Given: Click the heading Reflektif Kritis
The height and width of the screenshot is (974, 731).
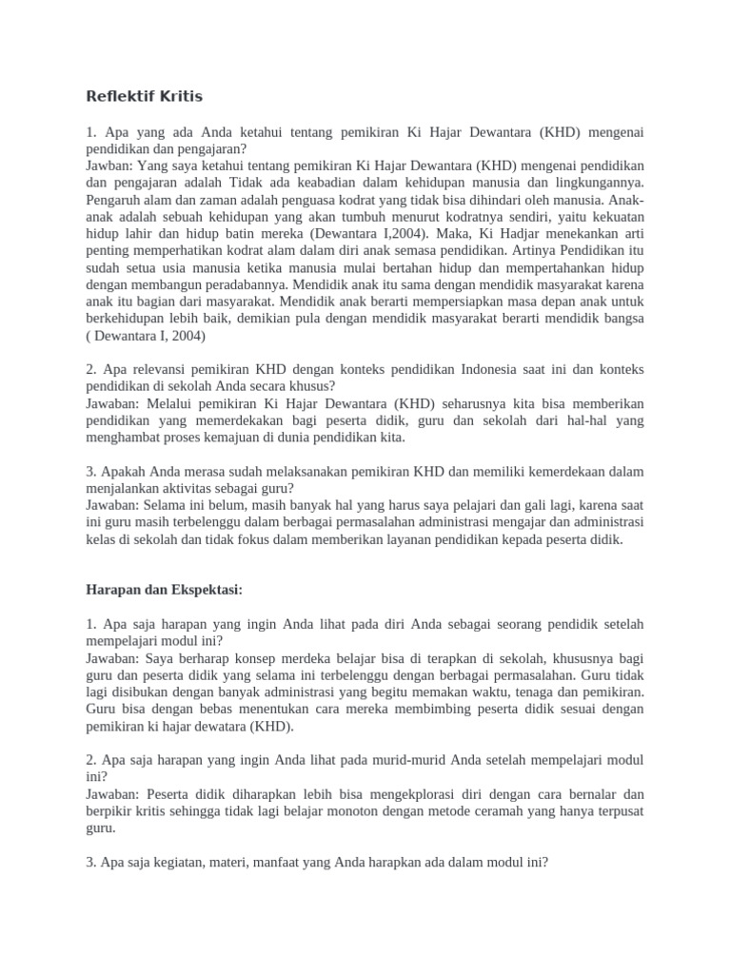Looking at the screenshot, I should [145, 96].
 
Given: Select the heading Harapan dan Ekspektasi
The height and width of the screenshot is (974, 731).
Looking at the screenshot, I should [165, 590].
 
